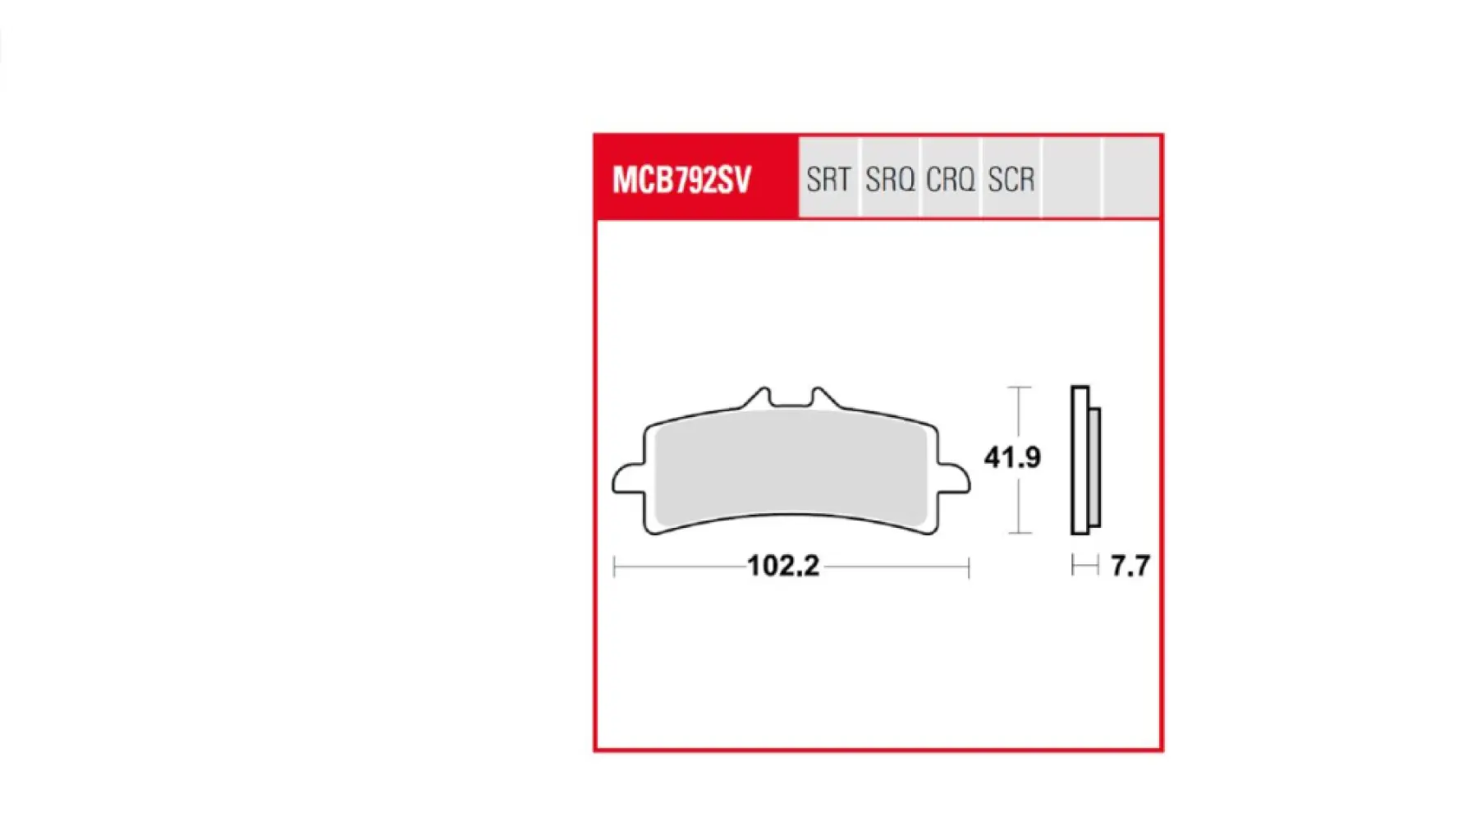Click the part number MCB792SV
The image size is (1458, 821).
pyautogui.click(x=681, y=180)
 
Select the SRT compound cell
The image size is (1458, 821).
pyautogui.click(x=828, y=179)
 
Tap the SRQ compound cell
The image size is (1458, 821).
pyautogui.click(x=889, y=179)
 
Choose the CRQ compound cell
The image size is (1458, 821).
pyautogui.click(x=950, y=179)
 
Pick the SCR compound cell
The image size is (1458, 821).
pyautogui.click(x=1011, y=179)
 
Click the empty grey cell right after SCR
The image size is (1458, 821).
pyautogui.click(x=1071, y=179)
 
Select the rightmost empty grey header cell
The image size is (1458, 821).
pyautogui.click(x=1130, y=179)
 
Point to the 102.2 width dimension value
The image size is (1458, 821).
pyautogui.click(x=783, y=566)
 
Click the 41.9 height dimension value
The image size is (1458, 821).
pyautogui.click(x=1011, y=457)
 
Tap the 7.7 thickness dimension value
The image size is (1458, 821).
pyautogui.click(x=1130, y=566)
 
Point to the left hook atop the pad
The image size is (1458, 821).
pyautogui.click(x=760, y=397)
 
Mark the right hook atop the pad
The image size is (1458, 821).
pyautogui.click(x=821, y=397)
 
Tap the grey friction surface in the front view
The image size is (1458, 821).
pyautogui.click(x=791, y=468)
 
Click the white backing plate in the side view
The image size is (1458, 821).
pyautogui.click(x=1080, y=460)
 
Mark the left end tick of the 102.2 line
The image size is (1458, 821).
pyautogui.click(x=615, y=566)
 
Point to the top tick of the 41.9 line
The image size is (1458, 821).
pyautogui.click(x=1019, y=388)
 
